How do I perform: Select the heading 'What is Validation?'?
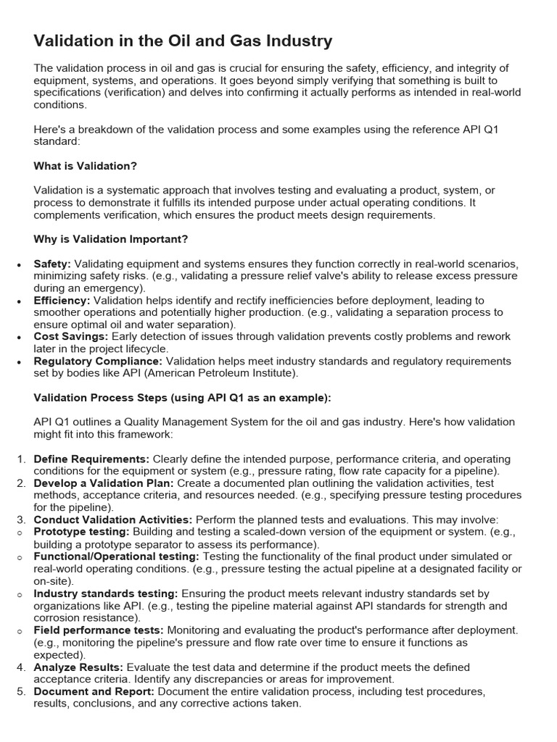[86, 166]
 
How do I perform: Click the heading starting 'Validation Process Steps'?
[182, 398]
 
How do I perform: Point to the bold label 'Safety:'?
[52, 264]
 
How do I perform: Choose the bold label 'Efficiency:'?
[62, 300]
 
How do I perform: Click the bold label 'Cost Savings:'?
[70, 337]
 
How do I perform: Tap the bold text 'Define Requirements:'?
[91, 459]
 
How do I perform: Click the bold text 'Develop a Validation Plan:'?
[104, 483]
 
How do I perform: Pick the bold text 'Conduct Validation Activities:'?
[113, 520]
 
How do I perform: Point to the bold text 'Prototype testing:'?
[82, 532]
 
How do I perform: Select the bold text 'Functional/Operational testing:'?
[117, 556]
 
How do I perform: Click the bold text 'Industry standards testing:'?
[106, 593]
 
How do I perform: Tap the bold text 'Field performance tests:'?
[99, 630]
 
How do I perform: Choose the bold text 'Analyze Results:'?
[78, 667]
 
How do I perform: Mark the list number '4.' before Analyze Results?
[21, 667]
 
